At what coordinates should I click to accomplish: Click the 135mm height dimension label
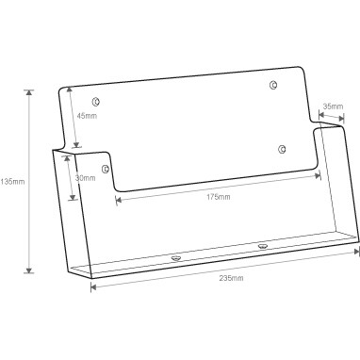pyautogui.click(x=12, y=182)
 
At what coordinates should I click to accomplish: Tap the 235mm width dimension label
pyautogui.click(x=231, y=278)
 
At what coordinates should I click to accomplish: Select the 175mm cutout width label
pyautogui.click(x=218, y=197)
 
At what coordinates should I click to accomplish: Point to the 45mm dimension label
pyautogui.click(x=87, y=116)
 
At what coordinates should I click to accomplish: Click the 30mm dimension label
pyautogui.click(x=85, y=178)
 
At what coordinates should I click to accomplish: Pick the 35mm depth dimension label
pyautogui.click(x=334, y=106)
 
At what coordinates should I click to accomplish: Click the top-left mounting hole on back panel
pyautogui.click(x=95, y=102)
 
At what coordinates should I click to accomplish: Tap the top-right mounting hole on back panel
pyautogui.click(x=273, y=85)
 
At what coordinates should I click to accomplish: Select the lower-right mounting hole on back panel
pyautogui.click(x=282, y=149)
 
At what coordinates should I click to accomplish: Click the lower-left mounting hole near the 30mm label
pyautogui.click(x=106, y=169)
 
